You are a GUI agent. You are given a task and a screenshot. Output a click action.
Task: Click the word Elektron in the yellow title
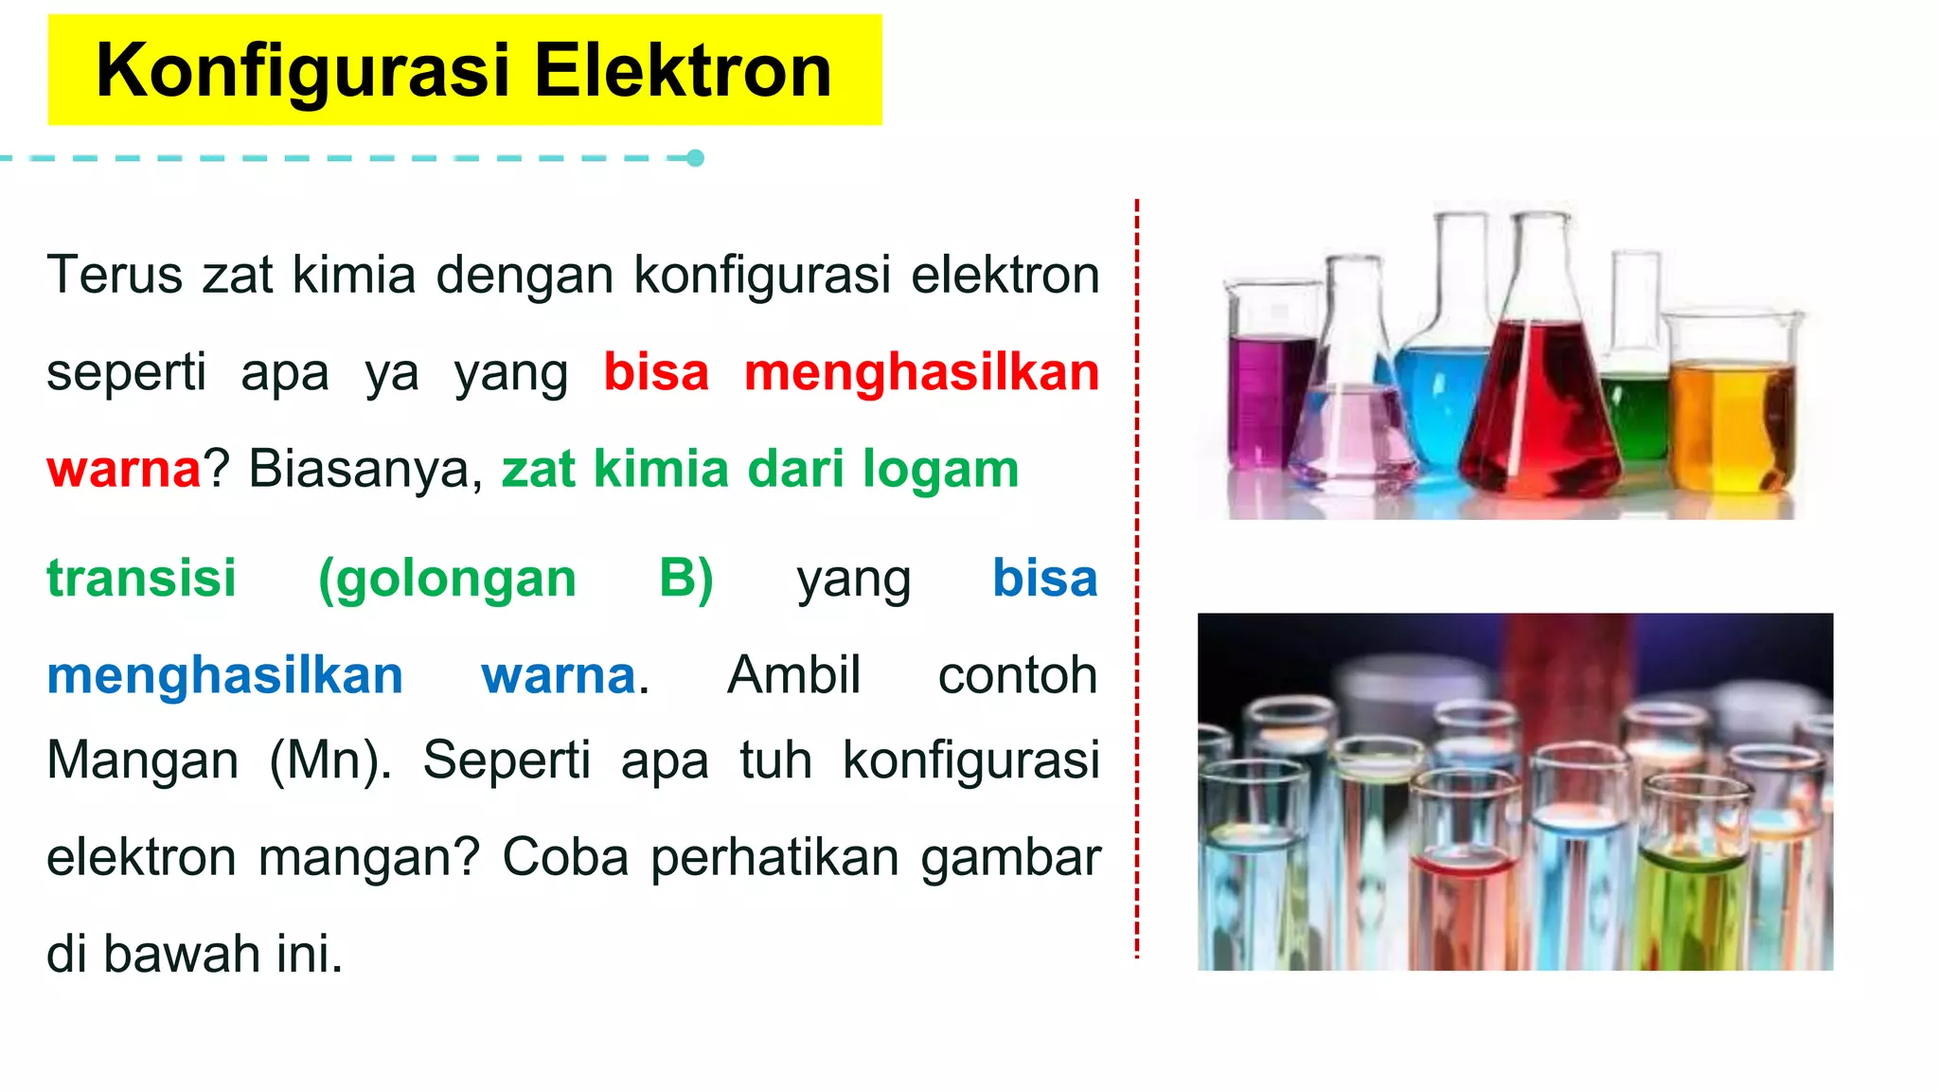coord(683,71)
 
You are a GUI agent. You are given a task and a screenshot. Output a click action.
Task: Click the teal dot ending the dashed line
coord(695,158)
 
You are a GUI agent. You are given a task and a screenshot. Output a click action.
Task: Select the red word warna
coord(123,469)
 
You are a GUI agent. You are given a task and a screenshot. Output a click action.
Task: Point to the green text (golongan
coord(447,579)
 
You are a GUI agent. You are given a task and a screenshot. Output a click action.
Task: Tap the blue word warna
coord(559,675)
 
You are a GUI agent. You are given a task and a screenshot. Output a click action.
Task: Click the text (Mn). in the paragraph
coord(330,760)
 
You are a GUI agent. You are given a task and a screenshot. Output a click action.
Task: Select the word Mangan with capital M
coord(142,760)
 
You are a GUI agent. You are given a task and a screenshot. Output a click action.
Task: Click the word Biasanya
coord(365,470)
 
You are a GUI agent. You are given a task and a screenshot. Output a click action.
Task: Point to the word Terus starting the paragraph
coord(115,276)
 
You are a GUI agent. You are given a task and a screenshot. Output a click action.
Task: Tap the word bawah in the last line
coord(181,954)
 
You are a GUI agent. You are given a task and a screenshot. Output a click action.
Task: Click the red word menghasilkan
coord(921,372)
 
